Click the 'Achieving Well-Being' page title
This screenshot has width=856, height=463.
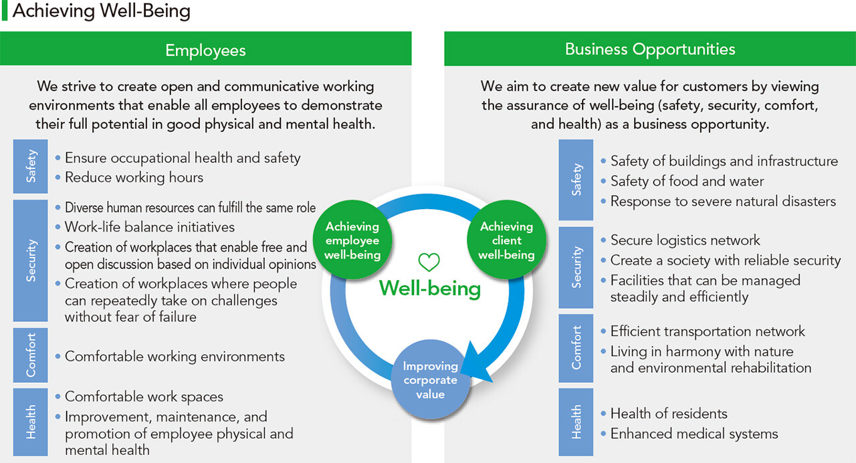(x=101, y=11)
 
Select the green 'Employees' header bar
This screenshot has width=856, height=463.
(x=205, y=50)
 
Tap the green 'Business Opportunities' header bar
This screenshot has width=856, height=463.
(x=649, y=49)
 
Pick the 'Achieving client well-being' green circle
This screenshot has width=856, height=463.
(x=506, y=241)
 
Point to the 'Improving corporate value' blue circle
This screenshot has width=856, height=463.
(x=430, y=379)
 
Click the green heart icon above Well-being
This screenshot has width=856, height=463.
(x=429, y=263)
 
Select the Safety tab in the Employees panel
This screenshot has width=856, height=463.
(x=31, y=166)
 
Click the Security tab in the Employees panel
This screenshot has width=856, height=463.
(x=31, y=261)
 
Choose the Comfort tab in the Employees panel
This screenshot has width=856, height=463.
(x=31, y=355)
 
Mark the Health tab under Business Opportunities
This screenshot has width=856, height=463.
(x=576, y=423)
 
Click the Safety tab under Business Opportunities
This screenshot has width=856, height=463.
(x=576, y=180)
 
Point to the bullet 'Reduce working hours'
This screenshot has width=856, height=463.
(x=134, y=178)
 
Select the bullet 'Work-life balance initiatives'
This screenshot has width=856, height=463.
(x=149, y=227)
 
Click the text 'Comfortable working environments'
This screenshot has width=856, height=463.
(x=175, y=357)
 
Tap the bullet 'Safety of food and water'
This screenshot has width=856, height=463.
(x=687, y=181)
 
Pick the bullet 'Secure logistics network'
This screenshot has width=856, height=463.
(x=685, y=240)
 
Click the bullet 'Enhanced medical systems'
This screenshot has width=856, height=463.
(x=694, y=434)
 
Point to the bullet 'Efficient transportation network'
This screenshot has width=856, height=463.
(x=708, y=331)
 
